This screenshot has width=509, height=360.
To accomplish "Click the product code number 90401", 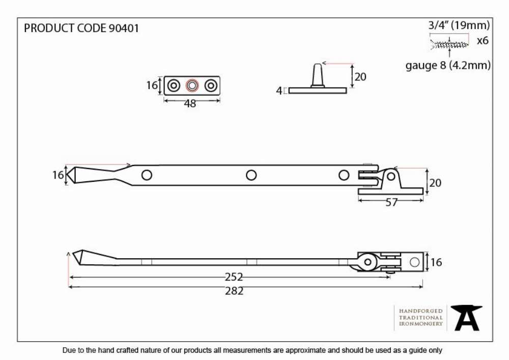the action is (x=124, y=28).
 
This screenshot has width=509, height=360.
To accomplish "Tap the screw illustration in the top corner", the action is (x=449, y=44).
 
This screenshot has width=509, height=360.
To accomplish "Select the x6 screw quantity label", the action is (x=483, y=41).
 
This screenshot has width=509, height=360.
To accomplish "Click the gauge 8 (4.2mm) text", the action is (x=448, y=66).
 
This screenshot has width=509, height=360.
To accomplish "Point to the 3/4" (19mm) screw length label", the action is (x=459, y=25).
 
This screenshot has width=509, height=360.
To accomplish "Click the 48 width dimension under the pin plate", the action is (x=190, y=103).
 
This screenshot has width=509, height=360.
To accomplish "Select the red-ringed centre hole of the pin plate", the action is (x=192, y=86).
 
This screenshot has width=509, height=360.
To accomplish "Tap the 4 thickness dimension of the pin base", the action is (x=279, y=91).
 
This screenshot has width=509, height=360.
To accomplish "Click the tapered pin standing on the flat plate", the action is (x=318, y=76).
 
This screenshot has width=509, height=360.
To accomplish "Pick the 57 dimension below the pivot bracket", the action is (x=391, y=203).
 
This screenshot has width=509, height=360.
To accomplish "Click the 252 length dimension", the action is (x=234, y=277).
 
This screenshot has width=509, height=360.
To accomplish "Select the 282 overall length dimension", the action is (x=234, y=291).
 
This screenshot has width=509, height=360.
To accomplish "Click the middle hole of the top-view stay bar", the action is (x=251, y=175).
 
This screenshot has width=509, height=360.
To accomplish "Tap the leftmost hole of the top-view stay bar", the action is (x=147, y=175).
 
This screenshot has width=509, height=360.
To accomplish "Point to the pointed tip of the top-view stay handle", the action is (x=67, y=175).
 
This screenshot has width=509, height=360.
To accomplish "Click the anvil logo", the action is (x=466, y=318).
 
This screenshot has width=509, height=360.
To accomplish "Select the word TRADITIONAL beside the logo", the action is (x=421, y=317).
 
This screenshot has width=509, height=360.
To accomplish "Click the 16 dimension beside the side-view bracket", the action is (x=436, y=262).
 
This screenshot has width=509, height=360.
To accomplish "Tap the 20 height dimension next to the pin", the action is (x=360, y=77).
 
